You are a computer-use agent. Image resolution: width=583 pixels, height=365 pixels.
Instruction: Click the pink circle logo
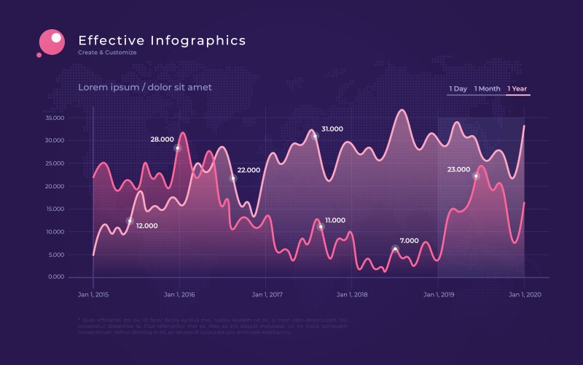[x=52, y=41]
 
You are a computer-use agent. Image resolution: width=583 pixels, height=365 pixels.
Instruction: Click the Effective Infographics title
[x=162, y=40]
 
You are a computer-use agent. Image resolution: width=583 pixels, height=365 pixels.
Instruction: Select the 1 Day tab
[x=458, y=89]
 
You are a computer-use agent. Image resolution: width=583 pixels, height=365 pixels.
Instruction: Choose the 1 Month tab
[x=487, y=89]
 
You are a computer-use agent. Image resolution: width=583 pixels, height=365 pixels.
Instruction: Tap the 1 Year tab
[x=517, y=89]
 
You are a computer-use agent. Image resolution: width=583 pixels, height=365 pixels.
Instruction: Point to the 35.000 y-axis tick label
[x=55, y=118]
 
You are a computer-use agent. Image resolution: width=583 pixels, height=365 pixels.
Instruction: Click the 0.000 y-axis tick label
[x=58, y=277]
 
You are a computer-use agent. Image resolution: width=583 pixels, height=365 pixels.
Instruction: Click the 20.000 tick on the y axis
[x=55, y=186]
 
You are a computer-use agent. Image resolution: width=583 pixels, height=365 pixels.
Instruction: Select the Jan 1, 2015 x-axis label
[x=93, y=295]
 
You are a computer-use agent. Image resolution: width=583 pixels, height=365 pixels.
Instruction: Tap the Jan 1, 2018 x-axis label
[x=352, y=295]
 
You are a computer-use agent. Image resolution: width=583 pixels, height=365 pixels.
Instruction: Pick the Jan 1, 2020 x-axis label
[x=525, y=295]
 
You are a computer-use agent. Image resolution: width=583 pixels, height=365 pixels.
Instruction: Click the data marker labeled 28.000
[x=177, y=148]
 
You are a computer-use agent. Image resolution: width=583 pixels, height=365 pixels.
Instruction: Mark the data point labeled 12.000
[x=130, y=220]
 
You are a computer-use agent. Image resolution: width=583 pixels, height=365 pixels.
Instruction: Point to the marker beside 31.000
[x=315, y=136]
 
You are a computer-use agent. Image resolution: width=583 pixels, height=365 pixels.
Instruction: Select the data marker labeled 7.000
[x=395, y=249]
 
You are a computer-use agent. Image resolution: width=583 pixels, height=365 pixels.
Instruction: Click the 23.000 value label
[x=458, y=169]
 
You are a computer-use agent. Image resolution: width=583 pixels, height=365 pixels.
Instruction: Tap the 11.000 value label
[x=335, y=220]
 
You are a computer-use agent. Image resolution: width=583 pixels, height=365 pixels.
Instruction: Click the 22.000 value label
[x=249, y=170]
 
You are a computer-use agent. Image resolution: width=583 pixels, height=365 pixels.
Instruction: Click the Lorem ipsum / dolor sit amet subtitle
[x=145, y=88]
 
